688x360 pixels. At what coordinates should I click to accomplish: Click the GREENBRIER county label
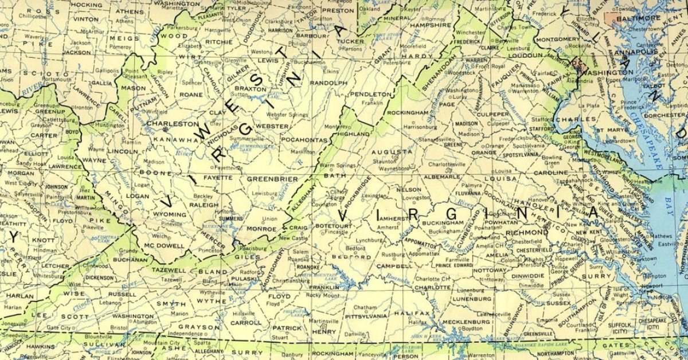click(x=272, y=179)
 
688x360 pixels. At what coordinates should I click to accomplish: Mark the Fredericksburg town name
click(x=513, y=138)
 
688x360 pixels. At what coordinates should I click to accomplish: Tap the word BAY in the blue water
click(x=667, y=201)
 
